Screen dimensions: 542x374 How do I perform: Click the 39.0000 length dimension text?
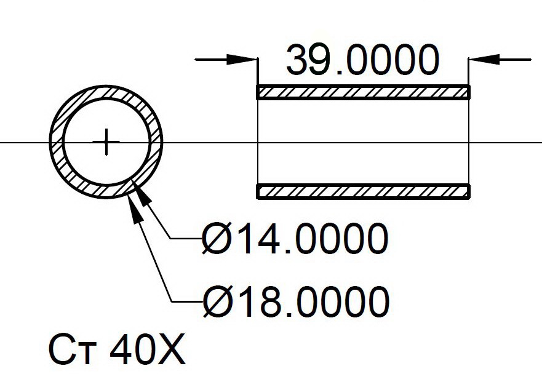tap(362, 60)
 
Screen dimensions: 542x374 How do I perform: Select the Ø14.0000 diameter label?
tap(295, 239)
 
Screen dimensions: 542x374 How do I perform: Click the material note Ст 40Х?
tap(117, 349)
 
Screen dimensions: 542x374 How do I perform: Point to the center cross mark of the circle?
tap(106, 141)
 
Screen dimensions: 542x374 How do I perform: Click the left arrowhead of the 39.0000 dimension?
tap(242, 60)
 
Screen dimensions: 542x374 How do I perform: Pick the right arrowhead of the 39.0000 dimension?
tap(484, 60)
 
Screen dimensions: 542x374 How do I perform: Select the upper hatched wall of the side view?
tap(363, 92)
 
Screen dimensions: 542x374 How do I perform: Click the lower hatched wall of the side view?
tap(363, 191)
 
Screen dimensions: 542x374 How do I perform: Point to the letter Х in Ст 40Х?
tap(171, 349)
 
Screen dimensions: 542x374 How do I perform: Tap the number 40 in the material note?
tap(133, 349)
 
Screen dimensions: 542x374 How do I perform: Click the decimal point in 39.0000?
tap(340, 72)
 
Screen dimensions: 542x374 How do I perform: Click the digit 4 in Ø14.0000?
tap(266, 239)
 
